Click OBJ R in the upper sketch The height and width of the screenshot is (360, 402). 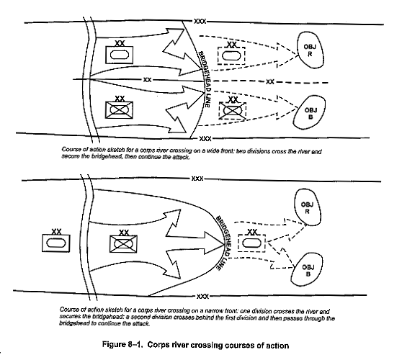tap(310, 50)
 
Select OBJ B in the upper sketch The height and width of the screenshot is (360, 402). tap(310, 112)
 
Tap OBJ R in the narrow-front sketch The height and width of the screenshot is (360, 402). tap(307, 207)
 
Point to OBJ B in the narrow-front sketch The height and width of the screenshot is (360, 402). tap(307, 270)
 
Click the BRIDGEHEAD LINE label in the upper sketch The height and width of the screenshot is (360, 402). tap(205, 79)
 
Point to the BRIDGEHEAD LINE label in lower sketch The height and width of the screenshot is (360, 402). tap(223, 243)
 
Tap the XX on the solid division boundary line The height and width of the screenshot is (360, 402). tap(147, 80)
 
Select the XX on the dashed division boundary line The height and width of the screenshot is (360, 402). tap(270, 82)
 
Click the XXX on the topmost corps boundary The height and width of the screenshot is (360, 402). tap(200, 21)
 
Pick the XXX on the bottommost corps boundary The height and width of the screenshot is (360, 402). tap(202, 297)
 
